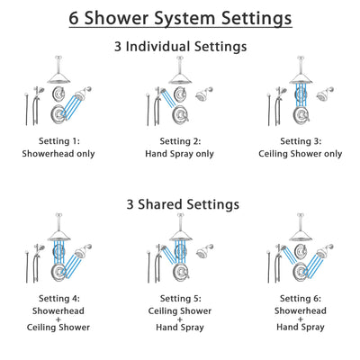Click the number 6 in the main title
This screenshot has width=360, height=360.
coord(76,17)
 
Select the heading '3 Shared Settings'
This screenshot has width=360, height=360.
coord(180,204)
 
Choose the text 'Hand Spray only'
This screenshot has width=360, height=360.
coord(179,154)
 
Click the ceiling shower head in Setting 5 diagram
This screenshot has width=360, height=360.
coord(179,231)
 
